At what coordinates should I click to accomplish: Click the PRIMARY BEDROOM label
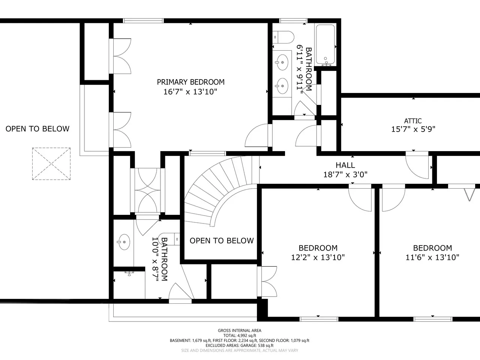pyautogui.click(x=191, y=82)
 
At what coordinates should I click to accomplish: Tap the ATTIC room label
pyautogui.click(x=413, y=121)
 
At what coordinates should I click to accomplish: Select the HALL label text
pyautogui.click(x=345, y=165)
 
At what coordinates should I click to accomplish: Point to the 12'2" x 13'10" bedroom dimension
pyautogui.click(x=318, y=258)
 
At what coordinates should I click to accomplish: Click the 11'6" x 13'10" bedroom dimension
pyautogui.click(x=432, y=258)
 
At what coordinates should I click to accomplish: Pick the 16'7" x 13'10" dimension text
pyautogui.click(x=190, y=92)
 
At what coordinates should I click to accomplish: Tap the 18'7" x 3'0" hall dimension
pyautogui.click(x=345, y=175)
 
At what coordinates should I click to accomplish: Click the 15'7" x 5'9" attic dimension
pyautogui.click(x=413, y=129)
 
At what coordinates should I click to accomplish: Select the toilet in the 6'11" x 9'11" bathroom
pyautogui.click(x=283, y=37)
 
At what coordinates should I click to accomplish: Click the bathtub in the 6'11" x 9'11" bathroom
pyautogui.click(x=325, y=45)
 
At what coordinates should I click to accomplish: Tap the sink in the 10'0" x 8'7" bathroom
pyautogui.click(x=124, y=242)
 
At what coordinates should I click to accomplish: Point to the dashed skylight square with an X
pyautogui.click(x=51, y=164)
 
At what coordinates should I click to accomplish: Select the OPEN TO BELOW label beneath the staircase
pyautogui.click(x=222, y=241)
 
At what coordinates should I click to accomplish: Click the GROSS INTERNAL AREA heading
pyautogui.click(x=240, y=330)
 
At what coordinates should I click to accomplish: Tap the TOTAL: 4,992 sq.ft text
pyautogui.click(x=240, y=336)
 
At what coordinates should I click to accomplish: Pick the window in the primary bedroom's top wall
pyautogui.click(x=143, y=21)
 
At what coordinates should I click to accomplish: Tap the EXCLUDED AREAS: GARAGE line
pyautogui.click(x=240, y=346)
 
